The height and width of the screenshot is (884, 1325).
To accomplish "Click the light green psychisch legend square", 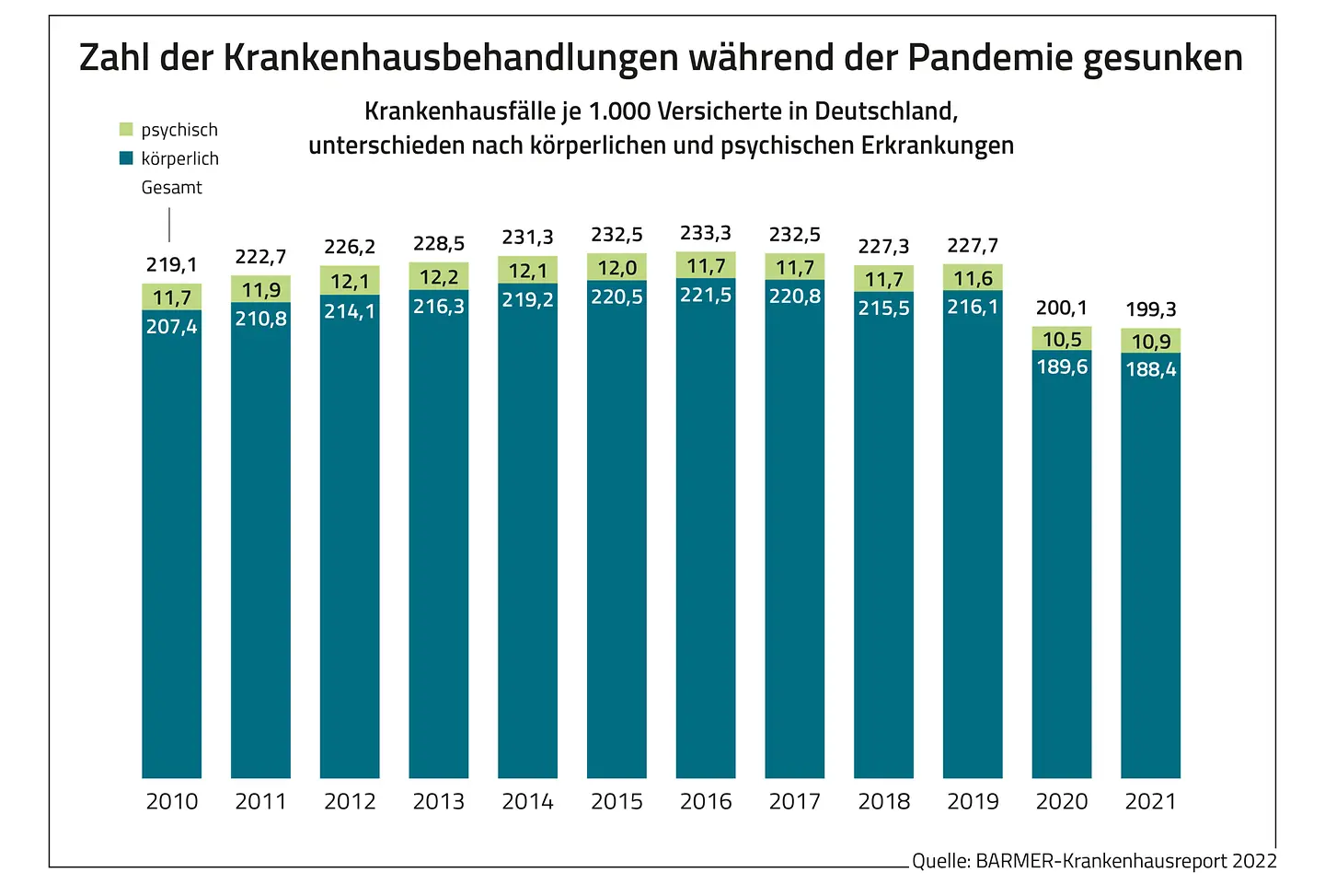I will click(x=126, y=130).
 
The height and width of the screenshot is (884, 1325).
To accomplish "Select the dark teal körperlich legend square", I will click(x=126, y=158).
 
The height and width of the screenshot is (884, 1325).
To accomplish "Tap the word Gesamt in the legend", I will click(x=171, y=188).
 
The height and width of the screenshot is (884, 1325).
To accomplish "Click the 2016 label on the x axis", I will click(x=706, y=802).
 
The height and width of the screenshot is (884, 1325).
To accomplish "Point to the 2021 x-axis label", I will click(x=1150, y=802).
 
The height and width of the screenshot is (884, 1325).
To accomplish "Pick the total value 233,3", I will click(x=706, y=234).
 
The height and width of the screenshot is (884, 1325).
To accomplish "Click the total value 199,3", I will click(x=1150, y=309).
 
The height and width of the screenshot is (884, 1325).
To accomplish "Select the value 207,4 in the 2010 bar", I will click(x=171, y=327).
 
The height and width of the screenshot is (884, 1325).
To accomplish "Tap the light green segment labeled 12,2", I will click(x=439, y=277).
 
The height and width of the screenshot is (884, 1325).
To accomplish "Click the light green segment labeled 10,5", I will click(x=1062, y=339).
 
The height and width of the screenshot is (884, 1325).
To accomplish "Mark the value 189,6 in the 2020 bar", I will click(x=1062, y=367).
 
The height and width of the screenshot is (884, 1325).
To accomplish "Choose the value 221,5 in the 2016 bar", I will click(x=706, y=296).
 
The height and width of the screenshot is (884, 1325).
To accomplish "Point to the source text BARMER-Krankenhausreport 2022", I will click(x=1125, y=862).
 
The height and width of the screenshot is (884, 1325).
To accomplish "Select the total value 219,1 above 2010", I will click(x=171, y=265).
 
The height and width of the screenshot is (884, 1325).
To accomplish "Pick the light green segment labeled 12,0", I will click(x=616, y=268).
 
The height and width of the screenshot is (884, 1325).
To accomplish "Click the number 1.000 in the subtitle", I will click(x=619, y=111).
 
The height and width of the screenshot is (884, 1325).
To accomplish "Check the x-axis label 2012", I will click(x=350, y=802).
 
